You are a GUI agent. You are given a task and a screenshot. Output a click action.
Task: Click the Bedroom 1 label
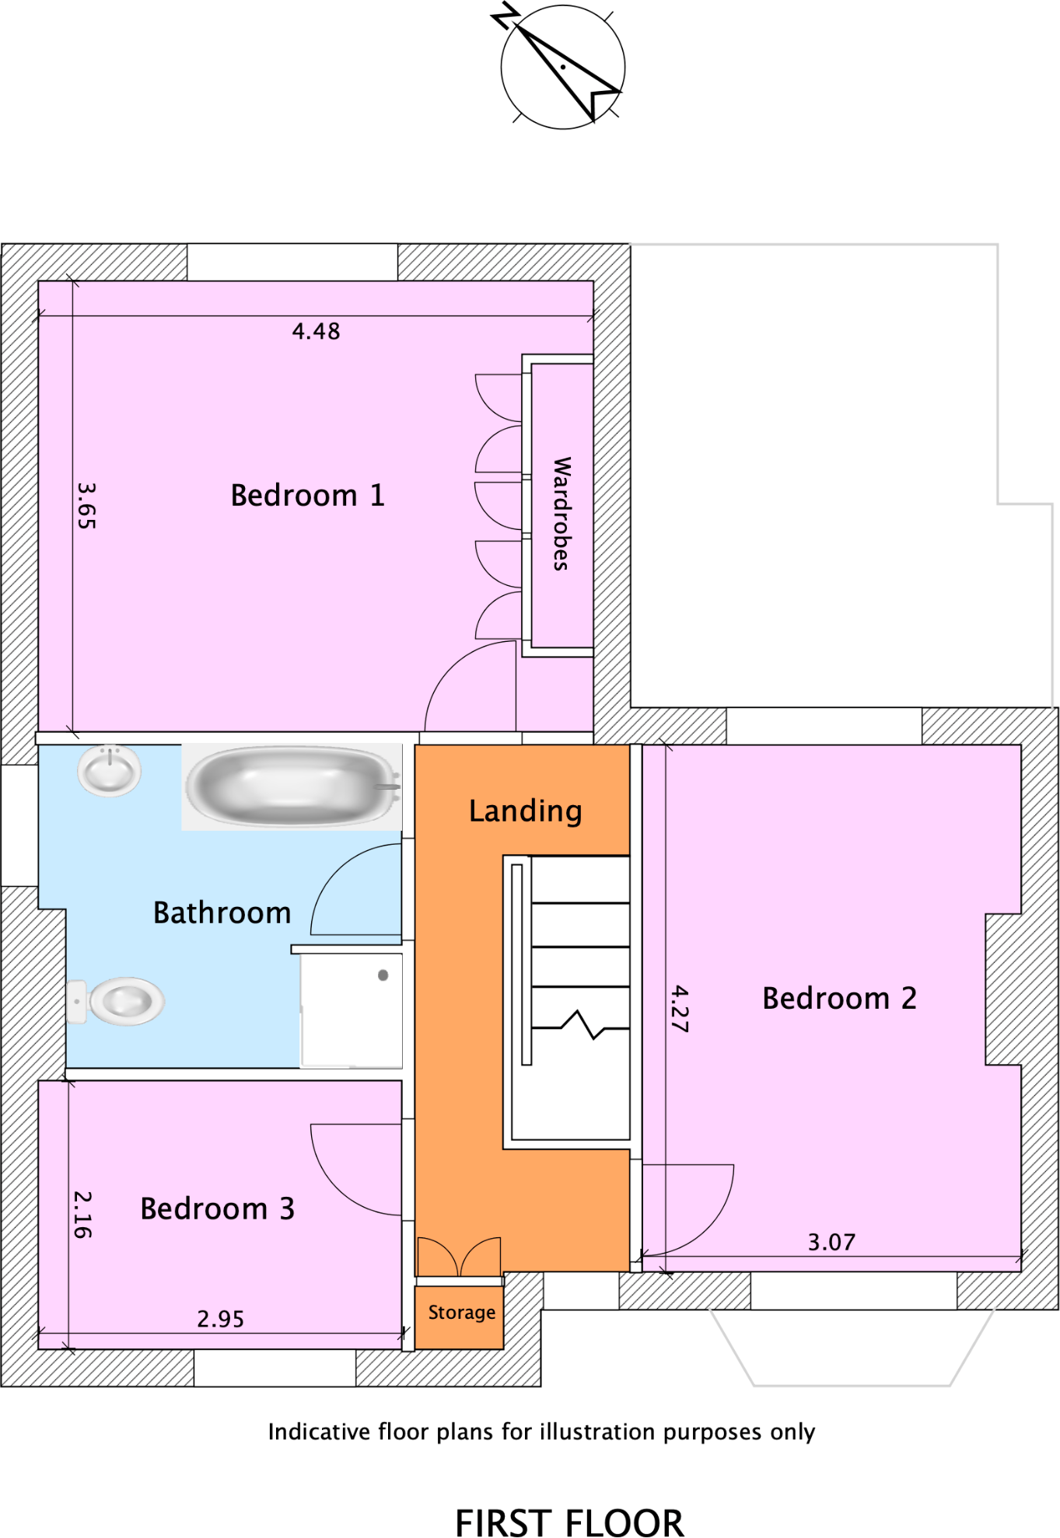click(x=308, y=496)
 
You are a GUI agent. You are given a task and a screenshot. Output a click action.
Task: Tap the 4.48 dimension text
click(x=316, y=332)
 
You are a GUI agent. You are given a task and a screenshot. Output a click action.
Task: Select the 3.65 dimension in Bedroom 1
click(x=86, y=506)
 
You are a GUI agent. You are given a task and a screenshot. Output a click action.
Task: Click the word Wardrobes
click(x=561, y=514)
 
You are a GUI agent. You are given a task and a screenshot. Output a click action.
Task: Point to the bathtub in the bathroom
click(x=292, y=786)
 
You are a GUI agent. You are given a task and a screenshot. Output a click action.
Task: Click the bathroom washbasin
click(x=110, y=770)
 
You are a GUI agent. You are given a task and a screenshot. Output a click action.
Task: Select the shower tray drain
click(x=383, y=975)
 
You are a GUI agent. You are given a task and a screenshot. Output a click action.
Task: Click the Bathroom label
click(x=222, y=913)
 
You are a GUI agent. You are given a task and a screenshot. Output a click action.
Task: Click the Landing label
click(x=525, y=811)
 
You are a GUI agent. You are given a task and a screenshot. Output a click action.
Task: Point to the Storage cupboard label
click(x=462, y=1313)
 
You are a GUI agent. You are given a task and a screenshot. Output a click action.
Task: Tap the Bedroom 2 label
click(x=839, y=999)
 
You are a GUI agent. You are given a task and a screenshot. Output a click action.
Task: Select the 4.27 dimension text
click(x=679, y=1009)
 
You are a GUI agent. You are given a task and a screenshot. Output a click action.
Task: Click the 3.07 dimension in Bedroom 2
click(x=831, y=1243)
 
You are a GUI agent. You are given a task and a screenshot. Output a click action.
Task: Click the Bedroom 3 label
click(x=217, y=1209)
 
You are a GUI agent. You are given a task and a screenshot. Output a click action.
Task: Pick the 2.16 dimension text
click(x=82, y=1215)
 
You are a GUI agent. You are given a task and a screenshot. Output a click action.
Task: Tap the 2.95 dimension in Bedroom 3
click(x=220, y=1320)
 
